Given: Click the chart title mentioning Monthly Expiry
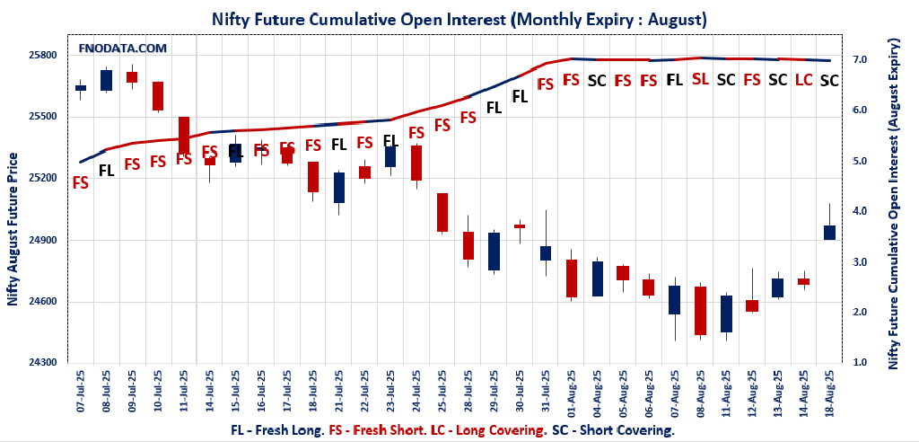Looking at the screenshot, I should tap(459, 18).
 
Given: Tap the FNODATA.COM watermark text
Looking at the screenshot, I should tap(123, 48).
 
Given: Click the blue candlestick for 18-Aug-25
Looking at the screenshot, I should tap(829, 233).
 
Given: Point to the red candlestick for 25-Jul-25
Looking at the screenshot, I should tap(442, 213).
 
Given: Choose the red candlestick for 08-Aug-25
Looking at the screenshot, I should tap(700, 311).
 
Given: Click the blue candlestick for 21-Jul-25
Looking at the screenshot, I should tap(339, 188).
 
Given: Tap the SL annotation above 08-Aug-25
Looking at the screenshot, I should tap(700, 79).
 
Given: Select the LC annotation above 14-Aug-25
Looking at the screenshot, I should tap(803, 80).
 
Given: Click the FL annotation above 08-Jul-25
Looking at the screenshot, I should tap(106, 170).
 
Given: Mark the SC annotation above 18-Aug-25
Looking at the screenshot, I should tap(829, 80).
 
